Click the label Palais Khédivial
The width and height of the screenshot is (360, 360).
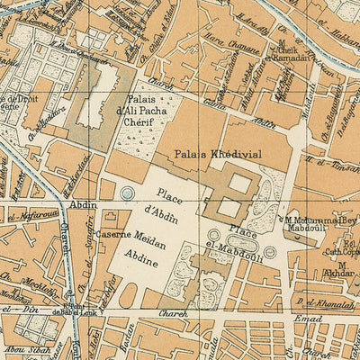click(218, 154)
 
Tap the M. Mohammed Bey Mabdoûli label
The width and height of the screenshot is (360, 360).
click(322, 222)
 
